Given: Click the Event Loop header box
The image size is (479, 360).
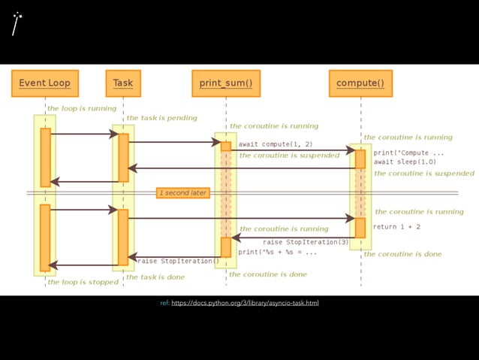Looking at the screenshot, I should pos(44,83).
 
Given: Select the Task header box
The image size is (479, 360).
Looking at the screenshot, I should pos(122,83).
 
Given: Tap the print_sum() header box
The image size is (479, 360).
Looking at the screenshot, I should pos(225,83).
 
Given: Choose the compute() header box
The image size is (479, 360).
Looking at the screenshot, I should pos(360,83).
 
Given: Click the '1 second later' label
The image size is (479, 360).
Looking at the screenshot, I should pos(182,193).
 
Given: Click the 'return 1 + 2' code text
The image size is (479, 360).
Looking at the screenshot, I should pos(396,226).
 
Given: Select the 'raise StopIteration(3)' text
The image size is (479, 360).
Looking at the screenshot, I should pos(306,242).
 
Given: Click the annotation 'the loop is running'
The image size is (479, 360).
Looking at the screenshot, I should pos(82,108).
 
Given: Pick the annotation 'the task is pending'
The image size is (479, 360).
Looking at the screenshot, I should pos(161,118).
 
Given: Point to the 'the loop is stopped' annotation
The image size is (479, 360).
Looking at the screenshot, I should pos(83,283).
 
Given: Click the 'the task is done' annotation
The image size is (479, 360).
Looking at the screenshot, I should pos(155,277).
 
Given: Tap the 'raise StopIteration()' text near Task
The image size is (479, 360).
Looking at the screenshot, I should pos(178,262).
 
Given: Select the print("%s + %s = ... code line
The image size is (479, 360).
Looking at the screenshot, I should pos(277,253).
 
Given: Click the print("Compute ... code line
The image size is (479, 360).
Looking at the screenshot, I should pos(408,153).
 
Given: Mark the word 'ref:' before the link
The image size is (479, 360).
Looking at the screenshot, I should pos(164,303).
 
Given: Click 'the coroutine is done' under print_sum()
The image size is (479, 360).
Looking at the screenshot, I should pos(268,274).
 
